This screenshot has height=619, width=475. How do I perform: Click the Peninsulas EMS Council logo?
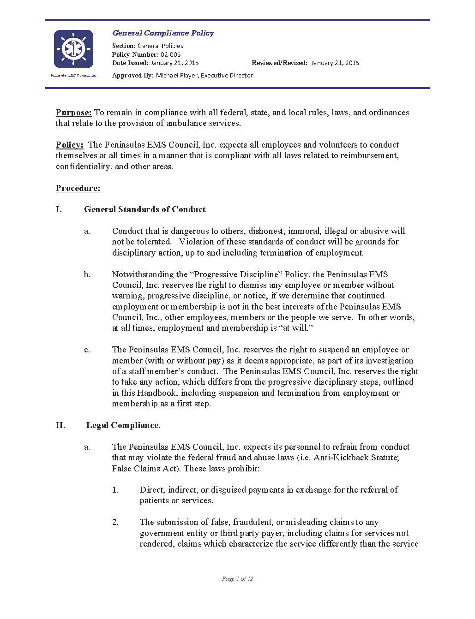pyautogui.click(x=73, y=49)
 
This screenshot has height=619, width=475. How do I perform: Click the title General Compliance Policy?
pyautogui.click(x=163, y=33)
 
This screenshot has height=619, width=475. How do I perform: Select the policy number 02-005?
pyautogui.click(x=170, y=54)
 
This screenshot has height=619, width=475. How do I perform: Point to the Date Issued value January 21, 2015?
pyautogui.click(x=174, y=63)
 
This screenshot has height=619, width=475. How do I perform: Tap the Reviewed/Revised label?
pyautogui.click(x=279, y=63)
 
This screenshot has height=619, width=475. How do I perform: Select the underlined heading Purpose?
pyautogui.click(x=73, y=113)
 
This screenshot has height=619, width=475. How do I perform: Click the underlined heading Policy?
pyautogui.click(x=69, y=145)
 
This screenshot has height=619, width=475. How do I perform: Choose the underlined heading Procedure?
pyautogui.click(x=78, y=188)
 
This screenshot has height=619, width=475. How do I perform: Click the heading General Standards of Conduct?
pyautogui.click(x=144, y=209)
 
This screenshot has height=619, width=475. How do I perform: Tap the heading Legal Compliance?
pyautogui.click(x=123, y=425)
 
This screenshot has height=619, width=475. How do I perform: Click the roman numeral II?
pyautogui.click(x=60, y=425)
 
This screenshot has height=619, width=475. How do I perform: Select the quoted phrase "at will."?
pyautogui.click(x=296, y=328)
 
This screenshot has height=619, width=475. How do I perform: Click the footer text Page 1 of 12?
pyautogui.click(x=237, y=579)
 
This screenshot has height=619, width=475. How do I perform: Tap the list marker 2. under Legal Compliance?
pyautogui.click(x=115, y=522)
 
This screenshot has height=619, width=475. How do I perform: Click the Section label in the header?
pyautogui.click(x=124, y=46)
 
